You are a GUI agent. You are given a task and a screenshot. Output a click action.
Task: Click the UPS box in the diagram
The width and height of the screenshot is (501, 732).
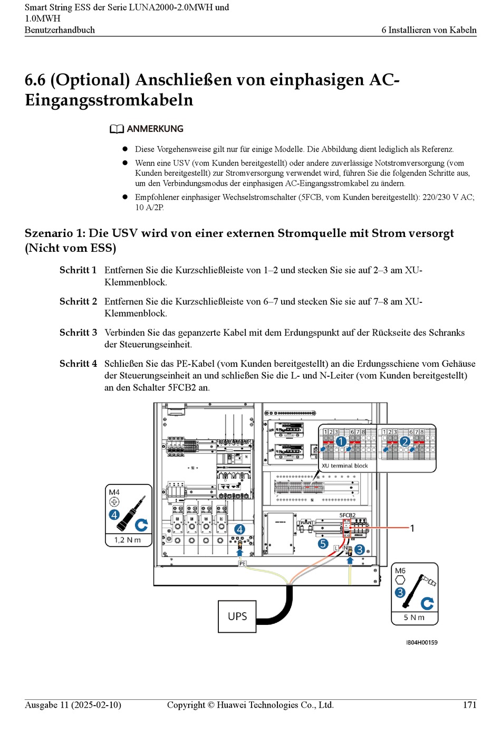[237, 616]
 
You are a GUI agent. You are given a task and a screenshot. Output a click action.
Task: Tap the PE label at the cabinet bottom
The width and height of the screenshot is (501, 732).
[242, 564]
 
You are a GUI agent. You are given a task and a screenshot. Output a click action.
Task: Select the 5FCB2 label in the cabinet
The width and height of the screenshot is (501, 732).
[347, 515]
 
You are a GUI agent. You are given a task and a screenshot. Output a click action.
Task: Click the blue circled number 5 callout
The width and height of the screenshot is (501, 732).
[323, 544]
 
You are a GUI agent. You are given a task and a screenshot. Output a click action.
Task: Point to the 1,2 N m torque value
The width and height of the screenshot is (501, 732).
[128, 540]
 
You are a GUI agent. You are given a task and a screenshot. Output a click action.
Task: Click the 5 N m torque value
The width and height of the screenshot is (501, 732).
[414, 617]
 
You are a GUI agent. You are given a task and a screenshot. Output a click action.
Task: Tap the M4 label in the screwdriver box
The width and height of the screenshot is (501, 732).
[114, 492]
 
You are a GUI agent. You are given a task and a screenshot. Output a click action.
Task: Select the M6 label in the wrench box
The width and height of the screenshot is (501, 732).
[400, 571]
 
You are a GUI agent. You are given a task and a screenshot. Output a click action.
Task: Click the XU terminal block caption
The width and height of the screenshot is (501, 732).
[345, 465]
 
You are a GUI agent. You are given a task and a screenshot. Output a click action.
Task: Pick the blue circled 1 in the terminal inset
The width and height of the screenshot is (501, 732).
[341, 442]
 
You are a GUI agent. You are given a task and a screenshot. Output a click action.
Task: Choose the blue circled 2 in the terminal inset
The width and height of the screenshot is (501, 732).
[404, 442]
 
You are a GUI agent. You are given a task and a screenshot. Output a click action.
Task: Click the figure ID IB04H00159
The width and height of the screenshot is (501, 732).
[421, 642]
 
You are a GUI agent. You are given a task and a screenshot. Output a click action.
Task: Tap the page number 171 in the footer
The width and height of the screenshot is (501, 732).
[469, 705]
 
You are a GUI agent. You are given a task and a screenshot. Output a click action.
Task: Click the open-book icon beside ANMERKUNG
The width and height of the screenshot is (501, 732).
[117, 129]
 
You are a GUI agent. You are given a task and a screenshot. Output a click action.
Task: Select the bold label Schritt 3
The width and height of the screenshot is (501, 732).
[78, 332]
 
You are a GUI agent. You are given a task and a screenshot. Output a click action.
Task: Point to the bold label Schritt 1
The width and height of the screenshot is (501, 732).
[78, 270]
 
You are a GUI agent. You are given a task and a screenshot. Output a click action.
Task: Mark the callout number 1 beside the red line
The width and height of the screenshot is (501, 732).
[412, 528]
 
